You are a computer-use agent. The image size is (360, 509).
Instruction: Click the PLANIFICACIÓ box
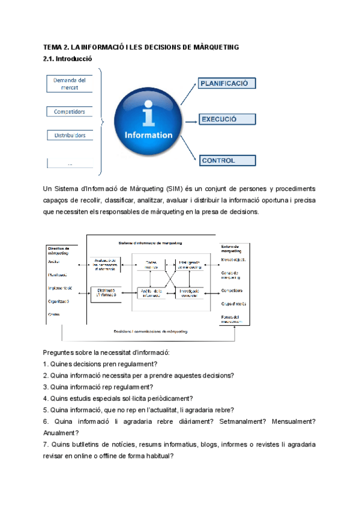[227, 83]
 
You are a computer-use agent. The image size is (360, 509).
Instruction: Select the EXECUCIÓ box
[227, 119]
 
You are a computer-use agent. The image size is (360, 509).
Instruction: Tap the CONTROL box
[227, 160]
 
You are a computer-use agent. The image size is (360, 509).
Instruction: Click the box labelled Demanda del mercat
[70, 83]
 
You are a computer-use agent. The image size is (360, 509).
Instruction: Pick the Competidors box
[70, 112]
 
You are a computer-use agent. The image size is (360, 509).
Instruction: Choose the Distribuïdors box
[70, 135]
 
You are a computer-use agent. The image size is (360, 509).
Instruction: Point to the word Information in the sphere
[148, 135]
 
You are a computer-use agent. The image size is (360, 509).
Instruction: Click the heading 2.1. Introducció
[67, 59]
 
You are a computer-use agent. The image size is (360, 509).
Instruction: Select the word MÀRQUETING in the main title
[214, 47]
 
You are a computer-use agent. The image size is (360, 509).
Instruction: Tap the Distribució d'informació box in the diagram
[107, 292]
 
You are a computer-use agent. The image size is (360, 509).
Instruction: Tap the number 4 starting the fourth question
[46, 398]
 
